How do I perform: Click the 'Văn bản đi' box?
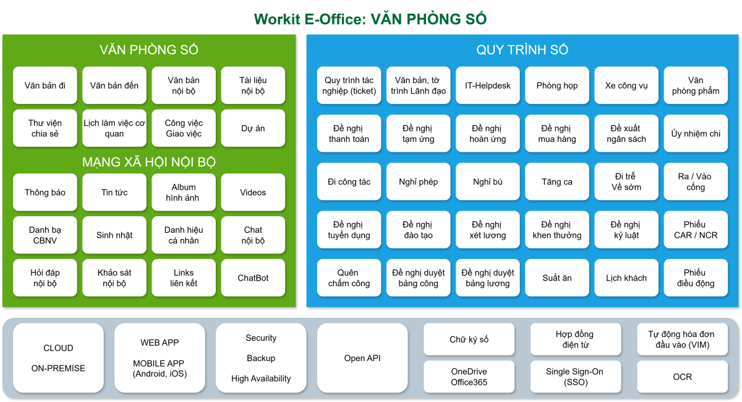(x=45, y=85)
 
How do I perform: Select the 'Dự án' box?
(x=253, y=128)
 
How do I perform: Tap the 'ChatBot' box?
(x=253, y=278)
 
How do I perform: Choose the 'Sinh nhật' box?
(x=114, y=235)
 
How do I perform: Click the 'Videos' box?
(x=253, y=193)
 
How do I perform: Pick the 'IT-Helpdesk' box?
(x=488, y=85)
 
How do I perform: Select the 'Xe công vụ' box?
(x=626, y=85)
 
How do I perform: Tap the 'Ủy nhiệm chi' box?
(x=696, y=134)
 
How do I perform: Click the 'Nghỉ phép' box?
(x=419, y=182)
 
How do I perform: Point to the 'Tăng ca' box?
(x=557, y=182)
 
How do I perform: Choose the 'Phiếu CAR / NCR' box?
(x=696, y=230)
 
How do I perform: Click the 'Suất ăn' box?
(x=557, y=278)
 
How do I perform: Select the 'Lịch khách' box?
(x=626, y=278)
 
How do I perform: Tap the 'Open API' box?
(x=362, y=358)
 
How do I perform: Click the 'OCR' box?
(x=683, y=377)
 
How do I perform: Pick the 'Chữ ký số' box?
(x=469, y=339)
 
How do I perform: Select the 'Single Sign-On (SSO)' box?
(x=574, y=377)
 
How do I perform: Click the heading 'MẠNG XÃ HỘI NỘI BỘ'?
(x=149, y=162)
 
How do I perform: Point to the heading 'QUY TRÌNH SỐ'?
(x=522, y=50)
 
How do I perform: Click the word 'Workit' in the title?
(x=276, y=19)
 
